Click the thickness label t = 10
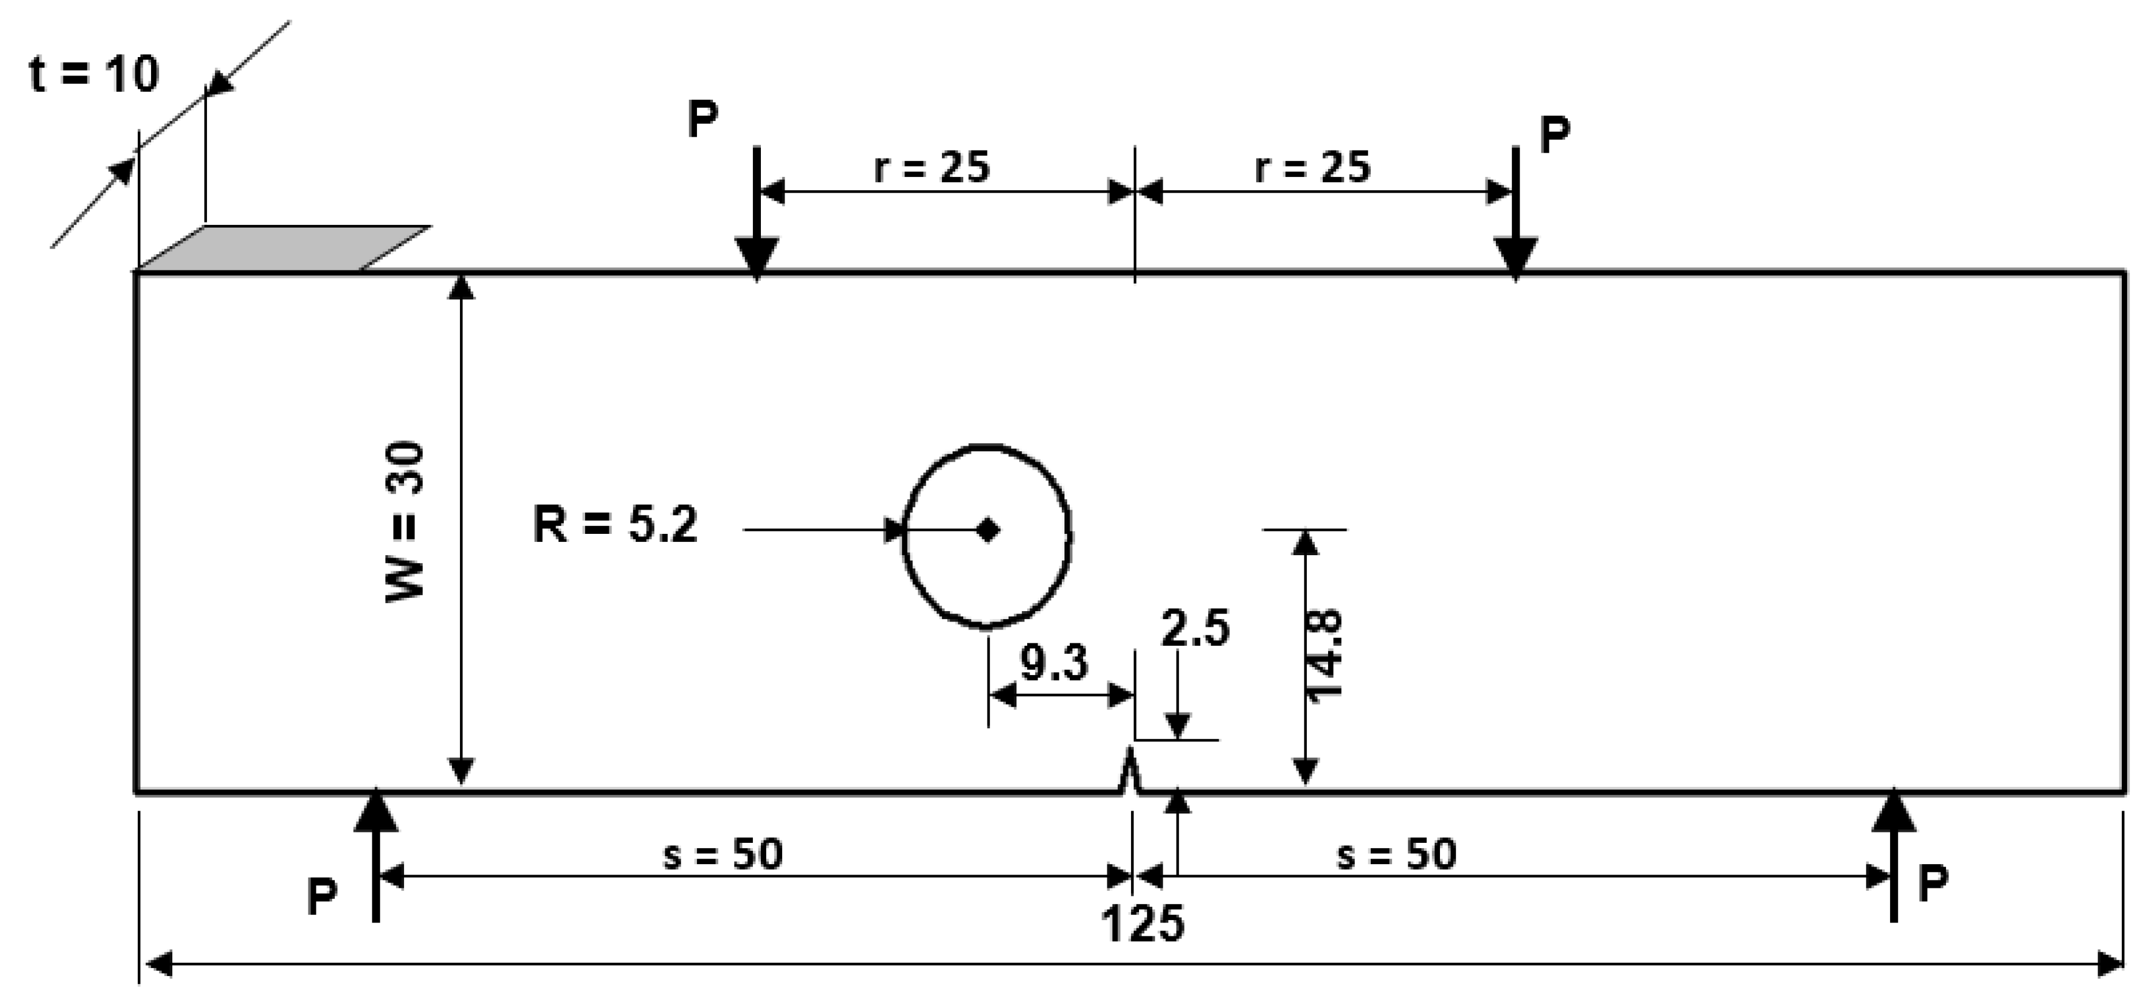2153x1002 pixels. [93, 74]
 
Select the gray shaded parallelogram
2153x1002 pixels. [284, 248]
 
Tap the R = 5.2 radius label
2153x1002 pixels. [615, 526]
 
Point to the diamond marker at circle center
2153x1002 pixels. [988, 530]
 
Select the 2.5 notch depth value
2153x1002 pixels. [1194, 628]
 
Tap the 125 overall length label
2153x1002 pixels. [1143, 924]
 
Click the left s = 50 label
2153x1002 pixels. [723, 854]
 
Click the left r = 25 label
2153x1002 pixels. [932, 167]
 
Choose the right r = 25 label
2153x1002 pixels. [1313, 167]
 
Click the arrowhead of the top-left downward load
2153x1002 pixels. [756, 257]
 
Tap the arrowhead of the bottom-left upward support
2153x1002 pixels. [376, 811]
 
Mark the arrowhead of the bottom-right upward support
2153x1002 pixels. [1893, 811]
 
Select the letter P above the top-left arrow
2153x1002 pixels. [703, 119]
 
